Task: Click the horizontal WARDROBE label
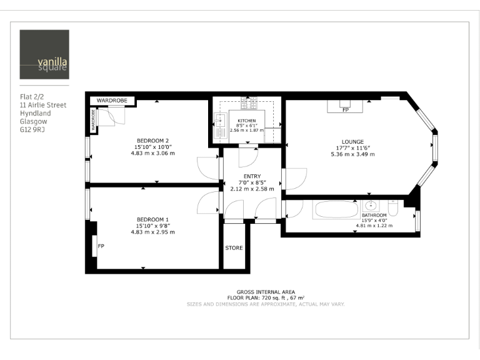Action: pos(112,100)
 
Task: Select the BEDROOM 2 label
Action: pos(153,140)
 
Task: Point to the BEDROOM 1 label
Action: pos(153,219)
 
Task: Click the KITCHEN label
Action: pos(247,120)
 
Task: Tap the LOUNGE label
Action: pos(352,141)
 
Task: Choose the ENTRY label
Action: pos(252,176)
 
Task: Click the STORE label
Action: pos(234,248)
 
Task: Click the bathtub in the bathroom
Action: pos(332,209)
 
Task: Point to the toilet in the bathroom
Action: pos(393,206)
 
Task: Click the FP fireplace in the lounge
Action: pos(345,106)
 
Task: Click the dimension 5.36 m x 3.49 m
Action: pos(352,154)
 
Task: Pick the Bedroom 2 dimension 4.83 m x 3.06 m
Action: pos(153,153)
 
